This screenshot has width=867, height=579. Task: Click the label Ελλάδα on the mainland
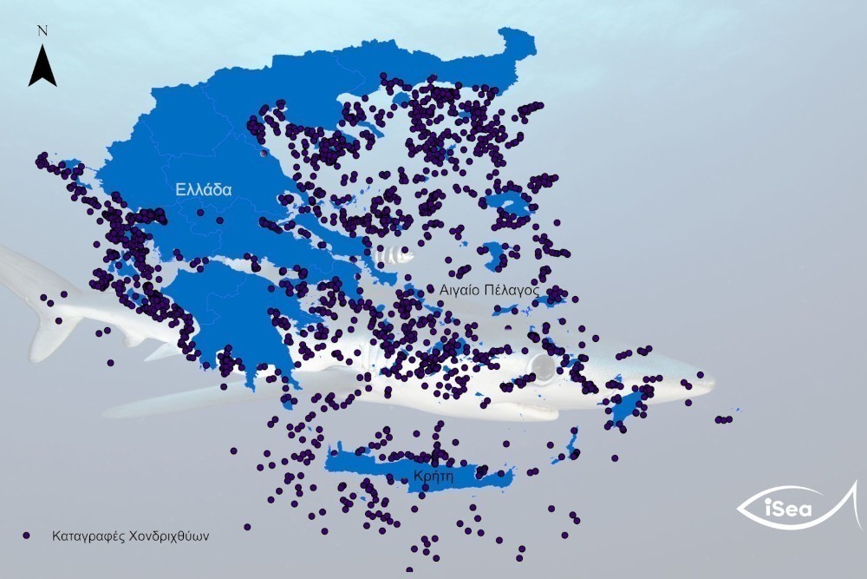tap(203, 189)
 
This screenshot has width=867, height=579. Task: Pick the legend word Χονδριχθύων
tap(164, 536)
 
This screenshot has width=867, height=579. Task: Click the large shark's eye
tap(544, 367)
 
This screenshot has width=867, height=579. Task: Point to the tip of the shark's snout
tap(713, 380)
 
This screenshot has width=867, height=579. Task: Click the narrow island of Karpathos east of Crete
tap(572, 444)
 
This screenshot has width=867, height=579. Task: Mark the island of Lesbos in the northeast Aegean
tap(512, 205)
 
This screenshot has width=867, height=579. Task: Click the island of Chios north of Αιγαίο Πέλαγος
tap(493, 255)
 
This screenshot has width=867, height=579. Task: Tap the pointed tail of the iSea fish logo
tap(853, 486)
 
